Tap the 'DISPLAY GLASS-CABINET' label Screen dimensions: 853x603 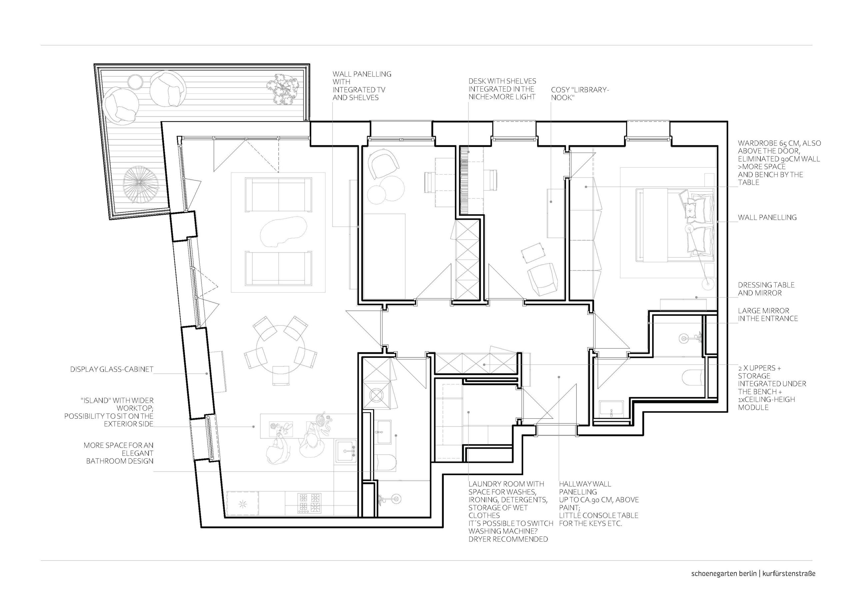point(112,370)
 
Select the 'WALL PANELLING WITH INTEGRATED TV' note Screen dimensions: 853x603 point(362,86)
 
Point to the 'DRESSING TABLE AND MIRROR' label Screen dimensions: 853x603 point(766,289)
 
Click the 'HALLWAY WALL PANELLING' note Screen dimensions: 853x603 point(598,503)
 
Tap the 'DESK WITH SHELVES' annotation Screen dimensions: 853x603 point(502,89)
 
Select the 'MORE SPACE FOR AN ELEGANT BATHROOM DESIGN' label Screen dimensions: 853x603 point(119,453)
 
